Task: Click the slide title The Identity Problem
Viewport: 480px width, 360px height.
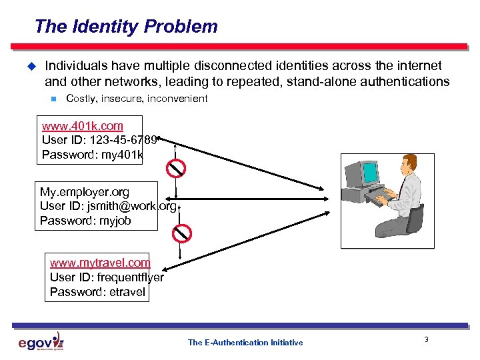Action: coord(126,27)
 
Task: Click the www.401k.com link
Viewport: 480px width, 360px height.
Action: coord(82,125)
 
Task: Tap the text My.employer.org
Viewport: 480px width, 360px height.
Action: coord(85,192)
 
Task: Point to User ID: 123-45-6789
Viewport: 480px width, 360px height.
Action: coord(99,140)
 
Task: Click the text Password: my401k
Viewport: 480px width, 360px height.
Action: coord(92,155)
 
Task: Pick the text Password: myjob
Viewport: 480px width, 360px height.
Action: coord(85,220)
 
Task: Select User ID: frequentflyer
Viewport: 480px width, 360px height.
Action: coord(107,277)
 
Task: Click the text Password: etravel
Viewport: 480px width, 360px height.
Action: coord(97,291)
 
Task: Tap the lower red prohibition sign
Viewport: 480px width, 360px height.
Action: coord(181,233)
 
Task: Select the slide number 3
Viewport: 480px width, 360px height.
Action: coord(426,341)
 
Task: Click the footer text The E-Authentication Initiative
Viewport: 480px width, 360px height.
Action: coord(245,342)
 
